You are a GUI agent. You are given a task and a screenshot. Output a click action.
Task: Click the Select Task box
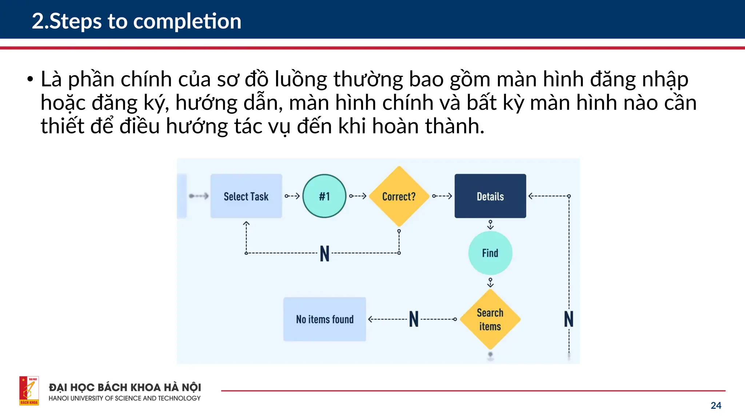point(246,196)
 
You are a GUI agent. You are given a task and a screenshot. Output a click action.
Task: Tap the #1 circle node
point(324,196)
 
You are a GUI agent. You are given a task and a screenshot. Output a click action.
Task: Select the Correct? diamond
point(399,196)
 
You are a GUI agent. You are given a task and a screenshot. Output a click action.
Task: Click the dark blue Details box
point(490,196)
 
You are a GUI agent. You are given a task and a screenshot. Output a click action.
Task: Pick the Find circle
point(490,253)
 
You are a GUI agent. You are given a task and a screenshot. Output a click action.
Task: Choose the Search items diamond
point(490,319)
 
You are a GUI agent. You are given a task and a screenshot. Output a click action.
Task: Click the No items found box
point(324,319)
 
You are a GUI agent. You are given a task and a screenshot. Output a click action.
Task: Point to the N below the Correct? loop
point(324,254)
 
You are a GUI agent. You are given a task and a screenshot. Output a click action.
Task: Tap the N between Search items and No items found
point(414,319)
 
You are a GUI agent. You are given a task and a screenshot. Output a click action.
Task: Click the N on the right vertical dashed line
point(569,319)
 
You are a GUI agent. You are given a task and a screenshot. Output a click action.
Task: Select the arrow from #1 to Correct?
point(358,196)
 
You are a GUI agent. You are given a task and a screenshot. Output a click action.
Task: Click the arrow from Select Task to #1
point(292,196)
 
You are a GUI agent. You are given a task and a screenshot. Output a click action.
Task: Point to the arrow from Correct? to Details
point(442,196)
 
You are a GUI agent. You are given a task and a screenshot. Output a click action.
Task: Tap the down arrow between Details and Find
point(490,225)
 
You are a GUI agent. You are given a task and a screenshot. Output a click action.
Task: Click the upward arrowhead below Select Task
point(246,223)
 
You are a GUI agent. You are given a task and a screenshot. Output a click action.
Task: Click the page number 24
point(716,406)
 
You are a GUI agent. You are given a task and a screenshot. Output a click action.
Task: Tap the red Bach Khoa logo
point(29,391)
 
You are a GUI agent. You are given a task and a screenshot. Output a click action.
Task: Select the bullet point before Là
point(30,80)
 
